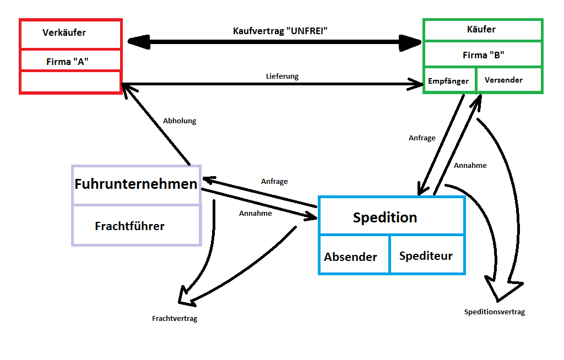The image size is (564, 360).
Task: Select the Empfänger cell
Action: pos(449,81)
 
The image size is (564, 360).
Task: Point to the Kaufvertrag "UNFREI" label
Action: pos(280,30)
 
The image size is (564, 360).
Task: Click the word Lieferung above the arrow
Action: pos(282,76)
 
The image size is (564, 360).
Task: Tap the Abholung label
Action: pos(180,121)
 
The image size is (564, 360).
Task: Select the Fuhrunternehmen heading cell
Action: pos(136,184)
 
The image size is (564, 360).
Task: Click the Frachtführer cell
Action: pos(130,226)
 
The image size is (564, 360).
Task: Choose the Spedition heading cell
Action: pos(385,217)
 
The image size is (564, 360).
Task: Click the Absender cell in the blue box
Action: pos(351,257)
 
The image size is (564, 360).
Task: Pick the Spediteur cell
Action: pos(426,256)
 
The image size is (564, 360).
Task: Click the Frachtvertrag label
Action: pos(175,319)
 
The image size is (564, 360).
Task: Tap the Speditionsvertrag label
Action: pos(494,312)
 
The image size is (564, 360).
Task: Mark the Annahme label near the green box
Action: pos(470,165)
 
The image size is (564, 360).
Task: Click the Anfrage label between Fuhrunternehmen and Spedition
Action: pos(274,181)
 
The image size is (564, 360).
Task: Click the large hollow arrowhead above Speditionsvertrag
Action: pos(502,288)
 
